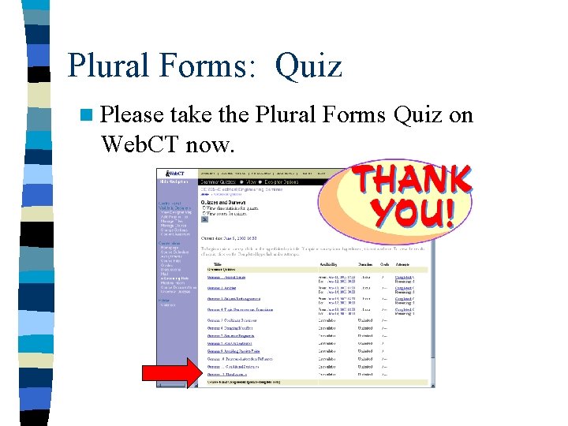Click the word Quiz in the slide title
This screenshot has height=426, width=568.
click(308, 65)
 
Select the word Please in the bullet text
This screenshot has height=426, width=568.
click(131, 115)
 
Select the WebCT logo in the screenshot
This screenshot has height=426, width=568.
click(175, 173)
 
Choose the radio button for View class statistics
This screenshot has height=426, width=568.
click(204, 207)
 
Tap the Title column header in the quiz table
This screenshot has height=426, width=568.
click(216, 264)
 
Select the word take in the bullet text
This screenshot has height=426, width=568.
click(192, 115)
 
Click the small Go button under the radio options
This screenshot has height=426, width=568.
click(205, 219)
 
